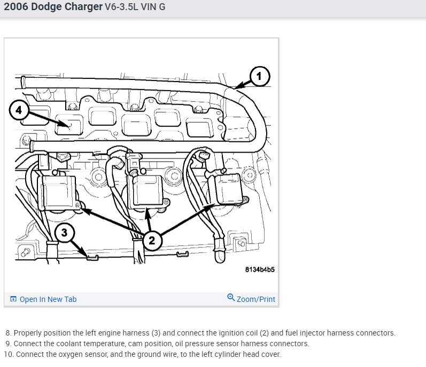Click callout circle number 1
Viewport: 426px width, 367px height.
[x=259, y=76]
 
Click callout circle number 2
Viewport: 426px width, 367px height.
[x=151, y=240]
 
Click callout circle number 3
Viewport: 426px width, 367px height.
[x=64, y=232]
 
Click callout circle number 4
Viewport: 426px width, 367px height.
[x=19, y=110]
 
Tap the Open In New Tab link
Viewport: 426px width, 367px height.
[x=48, y=299]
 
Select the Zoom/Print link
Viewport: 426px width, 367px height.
[x=255, y=299]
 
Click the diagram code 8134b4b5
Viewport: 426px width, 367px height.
[x=260, y=269]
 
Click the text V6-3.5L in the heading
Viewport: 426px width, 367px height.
[x=123, y=8]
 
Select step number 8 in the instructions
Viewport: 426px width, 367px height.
[x=8, y=333]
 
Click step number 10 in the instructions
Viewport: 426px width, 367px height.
[x=7, y=354]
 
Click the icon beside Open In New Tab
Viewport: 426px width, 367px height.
[x=13, y=299]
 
